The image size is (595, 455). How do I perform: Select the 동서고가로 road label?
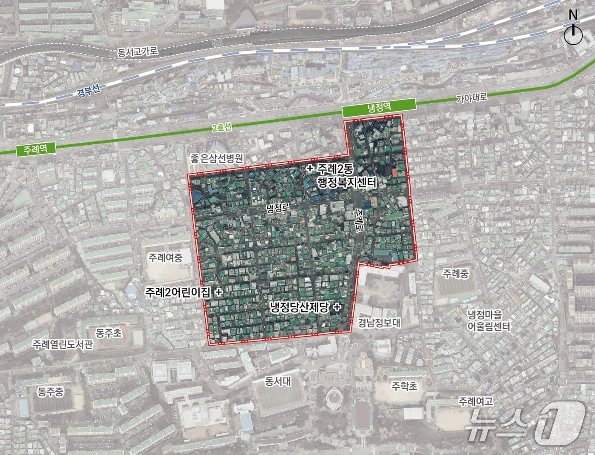coord(137,52)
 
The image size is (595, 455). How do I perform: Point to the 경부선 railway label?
coord(89,91)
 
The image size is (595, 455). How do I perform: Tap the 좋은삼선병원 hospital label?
coord(216,159)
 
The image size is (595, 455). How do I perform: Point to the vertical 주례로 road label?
coord(360,220)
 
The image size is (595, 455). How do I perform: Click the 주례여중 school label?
coord(165,258)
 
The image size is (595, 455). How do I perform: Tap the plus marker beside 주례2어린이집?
coord(219,292)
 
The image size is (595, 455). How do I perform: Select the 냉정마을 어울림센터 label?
coord(489,321)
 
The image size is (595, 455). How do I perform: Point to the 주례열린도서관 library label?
coord(62,344)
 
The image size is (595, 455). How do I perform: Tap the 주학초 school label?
coord(404,386)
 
